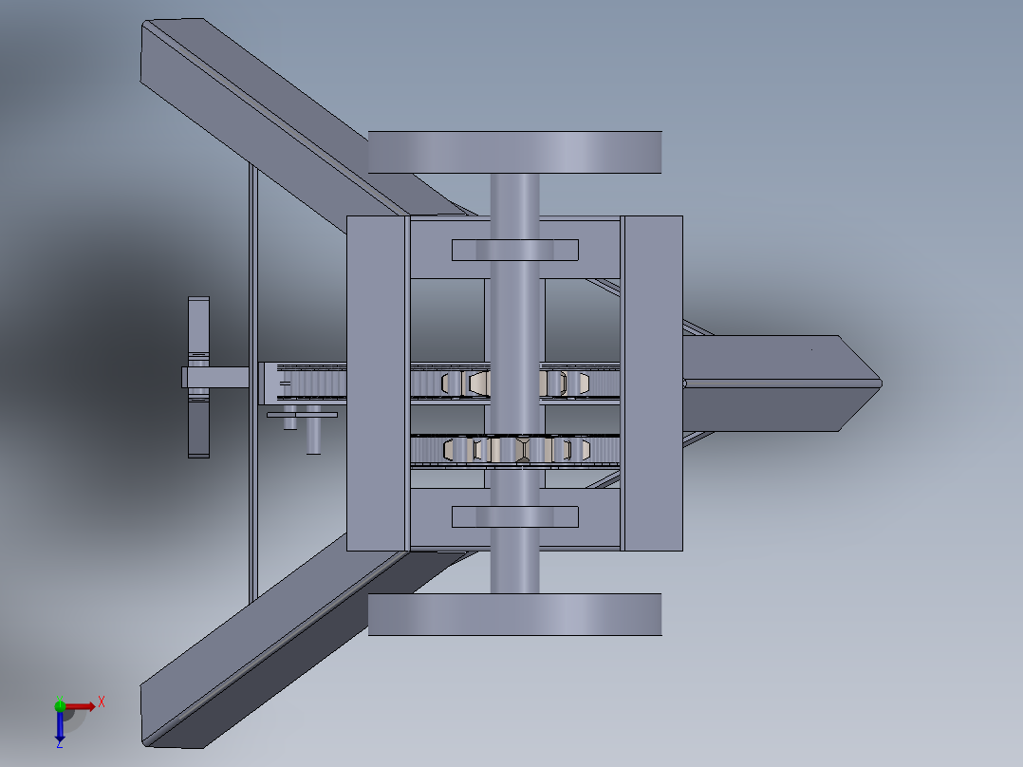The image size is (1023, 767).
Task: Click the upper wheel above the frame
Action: (x=514, y=152)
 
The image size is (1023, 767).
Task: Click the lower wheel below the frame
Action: (x=514, y=614)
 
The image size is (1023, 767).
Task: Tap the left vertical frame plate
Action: (x=377, y=383)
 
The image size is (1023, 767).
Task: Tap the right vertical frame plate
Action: (x=652, y=383)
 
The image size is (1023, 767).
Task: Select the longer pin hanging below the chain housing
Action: (x=312, y=436)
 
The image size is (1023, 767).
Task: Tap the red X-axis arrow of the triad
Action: (x=84, y=705)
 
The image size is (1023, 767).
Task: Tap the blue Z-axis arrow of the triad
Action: (x=59, y=727)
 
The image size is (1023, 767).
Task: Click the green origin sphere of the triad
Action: (x=60, y=705)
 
